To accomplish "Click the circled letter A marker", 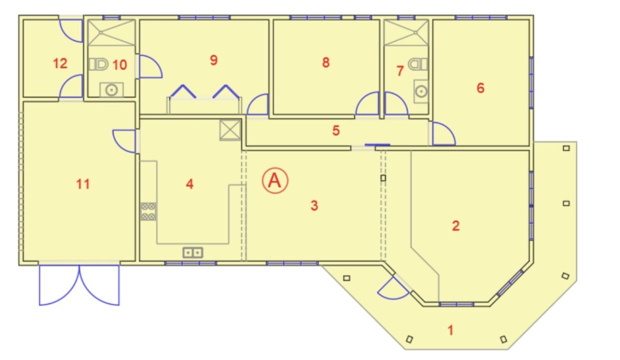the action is tap(275, 180).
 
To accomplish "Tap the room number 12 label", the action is tap(60, 63).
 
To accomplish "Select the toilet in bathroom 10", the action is tap(98, 64).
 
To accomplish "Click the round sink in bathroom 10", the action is tap(111, 89).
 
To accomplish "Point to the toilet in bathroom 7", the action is tap(418, 64).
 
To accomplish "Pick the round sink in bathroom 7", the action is tap(421, 91).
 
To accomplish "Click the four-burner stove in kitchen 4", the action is tap(148, 211).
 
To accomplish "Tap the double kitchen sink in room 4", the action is tap(192, 252).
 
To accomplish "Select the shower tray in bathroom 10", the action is tap(111, 32).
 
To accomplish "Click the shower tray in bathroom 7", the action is tap(406, 32).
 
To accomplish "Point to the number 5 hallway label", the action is tap(336, 130).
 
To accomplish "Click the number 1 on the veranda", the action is tap(450, 330).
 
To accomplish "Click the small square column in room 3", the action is tap(383, 178).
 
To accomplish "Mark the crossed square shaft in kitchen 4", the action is tap(230, 130).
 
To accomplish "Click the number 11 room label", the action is tap(83, 184).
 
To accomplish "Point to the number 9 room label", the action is tap(213, 60).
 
